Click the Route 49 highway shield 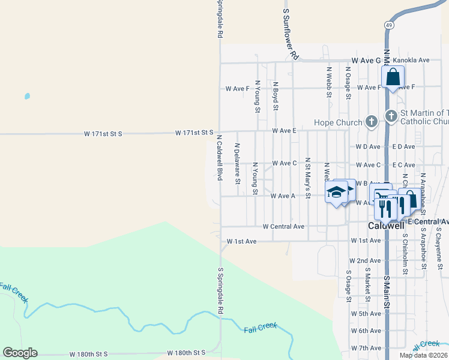coord(389,25)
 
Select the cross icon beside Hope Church coord(372,122)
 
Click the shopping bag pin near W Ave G coord(393,77)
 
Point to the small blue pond coord(27,96)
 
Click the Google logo coord(20,353)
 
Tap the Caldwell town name coord(385,226)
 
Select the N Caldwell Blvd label coord(220,158)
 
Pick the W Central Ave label coord(283,227)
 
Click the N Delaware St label coord(237,163)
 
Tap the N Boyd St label coord(276,97)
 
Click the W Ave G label coord(366,61)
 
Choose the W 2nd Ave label coord(365,261)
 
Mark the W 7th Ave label coord(366,348)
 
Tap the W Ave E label coord(284,130)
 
